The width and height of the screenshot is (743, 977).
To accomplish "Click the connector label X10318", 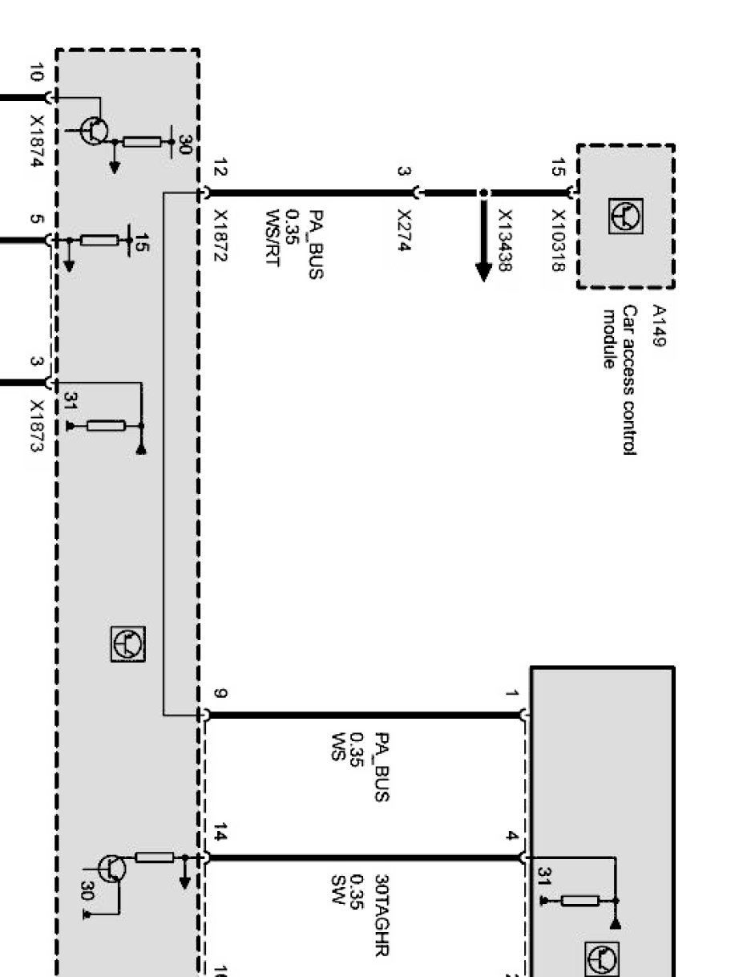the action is pyautogui.click(x=559, y=241).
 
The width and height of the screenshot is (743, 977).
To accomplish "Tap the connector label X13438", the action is pyautogui.click(x=505, y=241).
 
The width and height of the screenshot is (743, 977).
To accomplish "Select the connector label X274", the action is pyautogui.click(x=404, y=230).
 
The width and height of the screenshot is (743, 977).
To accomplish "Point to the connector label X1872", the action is pyautogui.click(x=220, y=236).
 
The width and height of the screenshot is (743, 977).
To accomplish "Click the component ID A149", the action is pyautogui.click(x=659, y=326).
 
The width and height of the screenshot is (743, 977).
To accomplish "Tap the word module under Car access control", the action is pyautogui.click(x=610, y=339).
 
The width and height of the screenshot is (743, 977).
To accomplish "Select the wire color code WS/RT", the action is pyautogui.click(x=273, y=237).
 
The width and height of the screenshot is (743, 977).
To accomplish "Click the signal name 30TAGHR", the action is pyautogui.click(x=382, y=915).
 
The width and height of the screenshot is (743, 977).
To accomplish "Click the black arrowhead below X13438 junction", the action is pyautogui.click(x=484, y=272).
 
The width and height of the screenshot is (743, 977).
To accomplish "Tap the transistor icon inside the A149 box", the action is pyautogui.click(x=626, y=216).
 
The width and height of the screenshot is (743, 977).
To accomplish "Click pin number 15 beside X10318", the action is pyautogui.click(x=559, y=168).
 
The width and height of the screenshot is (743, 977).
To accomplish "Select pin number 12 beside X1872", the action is pyautogui.click(x=220, y=167).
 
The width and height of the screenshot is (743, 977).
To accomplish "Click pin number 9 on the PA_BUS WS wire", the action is pyautogui.click(x=220, y=693).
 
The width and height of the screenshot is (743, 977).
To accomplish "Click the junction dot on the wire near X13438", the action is pyautogui.click(x=484, y=193).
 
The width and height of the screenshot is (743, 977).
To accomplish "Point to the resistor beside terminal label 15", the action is pyautogui.click(x=99, y=241).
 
